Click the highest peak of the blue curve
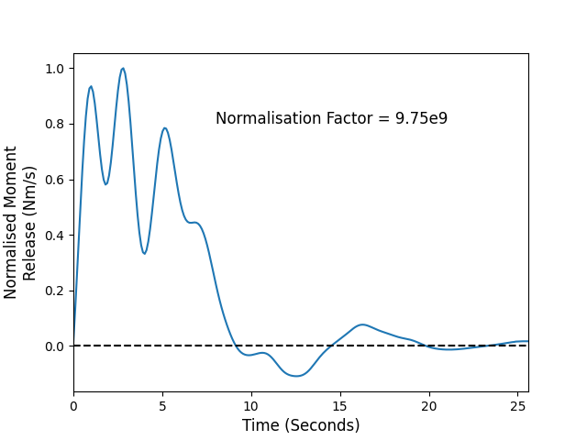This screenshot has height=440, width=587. click(x=123, y=69)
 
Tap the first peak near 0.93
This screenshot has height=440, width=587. click(x=91, y=86)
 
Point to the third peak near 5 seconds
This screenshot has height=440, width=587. click(x=164, y=128)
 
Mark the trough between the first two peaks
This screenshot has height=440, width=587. click(x=106, y=184)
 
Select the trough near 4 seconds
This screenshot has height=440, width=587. click(x=145, y=253)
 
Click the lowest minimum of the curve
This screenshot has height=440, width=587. click(x=296, y=376)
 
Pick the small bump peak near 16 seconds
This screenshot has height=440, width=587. click(x=362, y=324)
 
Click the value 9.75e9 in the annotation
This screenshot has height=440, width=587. click(x=421, y=118)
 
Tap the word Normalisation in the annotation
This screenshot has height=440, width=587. click(x=269, y=118)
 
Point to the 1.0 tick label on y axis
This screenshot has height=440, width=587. click(x=55, y=69)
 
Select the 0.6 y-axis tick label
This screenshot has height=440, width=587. click(x=55, y=180)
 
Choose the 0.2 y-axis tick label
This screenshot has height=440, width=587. click(x=55, y=291)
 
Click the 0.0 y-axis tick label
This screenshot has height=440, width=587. click(x=55, y=346)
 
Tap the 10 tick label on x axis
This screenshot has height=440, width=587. click(x=251, y=406)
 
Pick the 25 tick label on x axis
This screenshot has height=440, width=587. click(x=517, y=406)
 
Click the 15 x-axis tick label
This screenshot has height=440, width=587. click(x=340, y=406)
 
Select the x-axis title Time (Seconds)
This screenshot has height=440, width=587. click(x=301, y=425)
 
